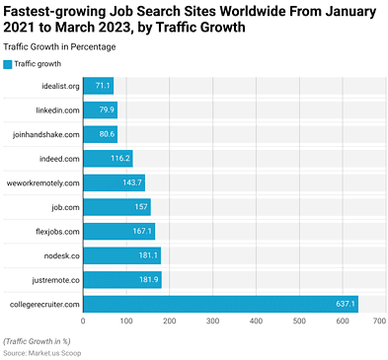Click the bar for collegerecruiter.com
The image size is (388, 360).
[x=220, y=304]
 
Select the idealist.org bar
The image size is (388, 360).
[x=98, y=86]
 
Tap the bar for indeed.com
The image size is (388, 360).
[x=108, y=158]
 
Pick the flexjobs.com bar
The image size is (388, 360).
[x=118, y=231]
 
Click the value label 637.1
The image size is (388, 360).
[x=345, y=304]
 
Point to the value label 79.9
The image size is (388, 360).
[x=107, y=109]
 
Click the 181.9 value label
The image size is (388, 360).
[x=150, y=279]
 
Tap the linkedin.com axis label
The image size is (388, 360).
[x=56, y=109]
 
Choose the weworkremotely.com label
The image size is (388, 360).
[x=42, y=182]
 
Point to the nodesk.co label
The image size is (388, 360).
[x=59, y=255]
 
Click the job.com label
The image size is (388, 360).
[x=64, y=207]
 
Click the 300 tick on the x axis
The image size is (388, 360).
[x=211, y=322]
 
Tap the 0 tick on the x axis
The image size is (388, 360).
[x=83, y=322]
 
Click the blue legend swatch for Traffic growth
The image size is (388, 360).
[x=8, y=65]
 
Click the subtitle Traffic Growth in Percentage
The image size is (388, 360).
[x=59, y=46]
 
